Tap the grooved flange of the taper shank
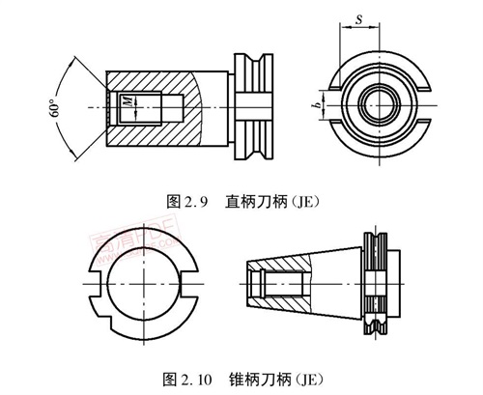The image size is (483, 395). click(x=377, y=284)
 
